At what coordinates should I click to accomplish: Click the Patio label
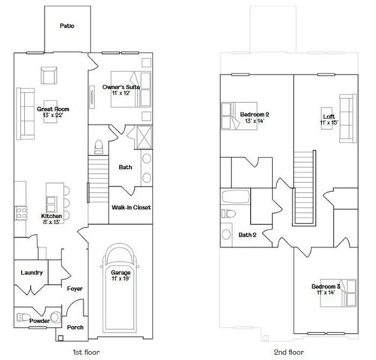(67, 25)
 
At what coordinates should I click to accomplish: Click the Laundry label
(31, 272)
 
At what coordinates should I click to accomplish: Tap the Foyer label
(74, 288)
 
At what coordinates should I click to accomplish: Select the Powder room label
(40, 320)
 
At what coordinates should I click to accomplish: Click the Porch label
(75, 327)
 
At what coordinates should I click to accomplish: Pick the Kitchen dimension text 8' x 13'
(51, 223)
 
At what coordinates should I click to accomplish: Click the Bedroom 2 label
(255, 114)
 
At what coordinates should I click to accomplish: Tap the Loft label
(328, 116)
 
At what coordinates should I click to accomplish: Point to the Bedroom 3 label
(327, 286)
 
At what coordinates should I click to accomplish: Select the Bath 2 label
(248, 234)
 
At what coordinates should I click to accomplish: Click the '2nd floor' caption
(288, 351)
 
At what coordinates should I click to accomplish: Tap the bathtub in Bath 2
(235, 199)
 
